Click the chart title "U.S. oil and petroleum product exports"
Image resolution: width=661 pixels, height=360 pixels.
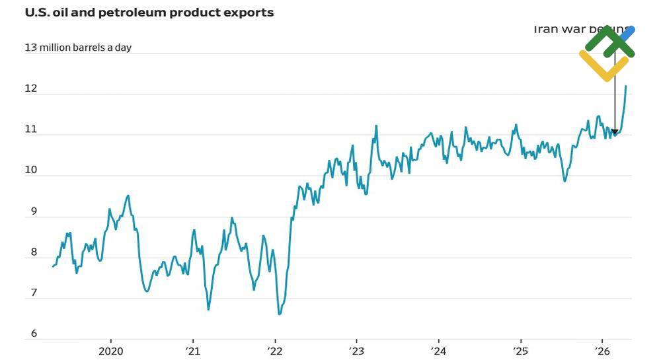149,13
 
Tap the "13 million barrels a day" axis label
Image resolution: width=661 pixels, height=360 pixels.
78,48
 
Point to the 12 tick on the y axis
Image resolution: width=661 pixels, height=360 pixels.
30,89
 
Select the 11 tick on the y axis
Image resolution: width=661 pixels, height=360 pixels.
30,129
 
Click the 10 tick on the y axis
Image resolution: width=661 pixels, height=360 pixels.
30,170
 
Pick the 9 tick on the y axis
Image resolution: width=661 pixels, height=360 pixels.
30,212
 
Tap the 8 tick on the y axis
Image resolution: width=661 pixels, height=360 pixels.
30,253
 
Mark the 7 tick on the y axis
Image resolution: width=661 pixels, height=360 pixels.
30,294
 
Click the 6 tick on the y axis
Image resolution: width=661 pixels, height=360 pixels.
30,334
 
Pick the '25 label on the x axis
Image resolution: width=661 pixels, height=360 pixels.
520,350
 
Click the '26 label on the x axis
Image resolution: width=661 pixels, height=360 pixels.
602,350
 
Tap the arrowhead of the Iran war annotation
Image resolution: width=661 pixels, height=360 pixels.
615,131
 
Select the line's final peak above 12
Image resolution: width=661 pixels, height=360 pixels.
626,86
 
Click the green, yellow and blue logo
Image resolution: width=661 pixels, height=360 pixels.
607,53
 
